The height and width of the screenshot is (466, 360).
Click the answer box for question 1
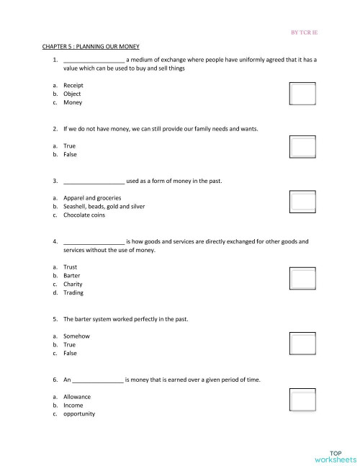(x=302, y=94)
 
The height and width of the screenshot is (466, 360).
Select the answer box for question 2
(x=302, y=146)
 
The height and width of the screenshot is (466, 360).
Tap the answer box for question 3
(x=302, y=200)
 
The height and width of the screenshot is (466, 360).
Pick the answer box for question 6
(x=302, y=400)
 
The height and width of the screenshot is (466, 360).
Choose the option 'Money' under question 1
(x=72, y=102)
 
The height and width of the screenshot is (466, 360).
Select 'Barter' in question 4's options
(x=71, y=276)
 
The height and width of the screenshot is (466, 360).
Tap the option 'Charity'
(x=73, y=284)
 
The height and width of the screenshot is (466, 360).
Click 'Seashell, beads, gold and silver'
(x=104, y=206)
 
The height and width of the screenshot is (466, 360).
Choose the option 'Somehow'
(x=76, y=336)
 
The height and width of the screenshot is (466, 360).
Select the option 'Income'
(x=73, y=405)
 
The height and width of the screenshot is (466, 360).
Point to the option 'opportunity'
(x=78, y=414)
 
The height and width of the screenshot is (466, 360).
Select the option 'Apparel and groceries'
(x=91, y=197)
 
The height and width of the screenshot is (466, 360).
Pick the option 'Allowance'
(x=77, y=397)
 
